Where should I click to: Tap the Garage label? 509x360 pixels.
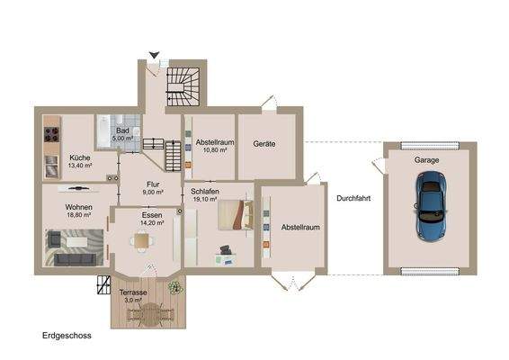click(426, 159)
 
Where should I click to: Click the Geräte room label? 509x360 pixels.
click(263, 144)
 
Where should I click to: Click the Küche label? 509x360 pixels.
click(80, 158)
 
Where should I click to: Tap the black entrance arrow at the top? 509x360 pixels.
click(155, 56)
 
